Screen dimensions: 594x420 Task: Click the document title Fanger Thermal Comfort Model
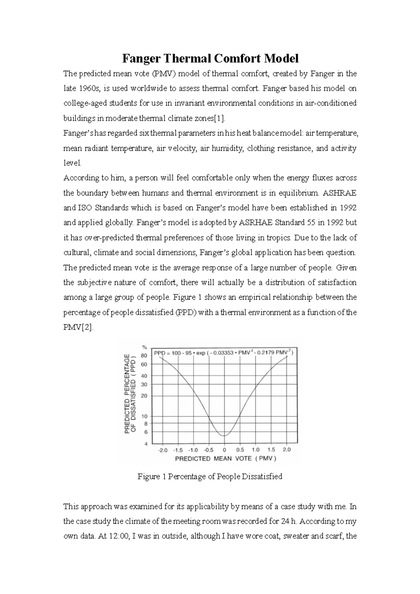click(210, 58)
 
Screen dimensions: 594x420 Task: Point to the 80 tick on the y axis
click(144, 355)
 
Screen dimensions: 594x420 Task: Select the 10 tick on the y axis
click(144, 416)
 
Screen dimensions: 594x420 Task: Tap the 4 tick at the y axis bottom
click(146, 444)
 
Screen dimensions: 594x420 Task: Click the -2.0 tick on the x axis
click(163, 450)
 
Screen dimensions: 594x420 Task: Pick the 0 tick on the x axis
click(224, 450)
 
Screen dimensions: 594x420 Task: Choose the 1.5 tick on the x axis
click(271, 450)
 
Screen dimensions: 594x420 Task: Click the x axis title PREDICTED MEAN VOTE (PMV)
click(226, 459)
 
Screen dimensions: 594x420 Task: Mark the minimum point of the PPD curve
click(224, 436)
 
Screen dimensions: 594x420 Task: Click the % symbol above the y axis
click(144, 347)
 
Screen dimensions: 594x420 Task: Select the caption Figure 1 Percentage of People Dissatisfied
click(210, 476)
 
